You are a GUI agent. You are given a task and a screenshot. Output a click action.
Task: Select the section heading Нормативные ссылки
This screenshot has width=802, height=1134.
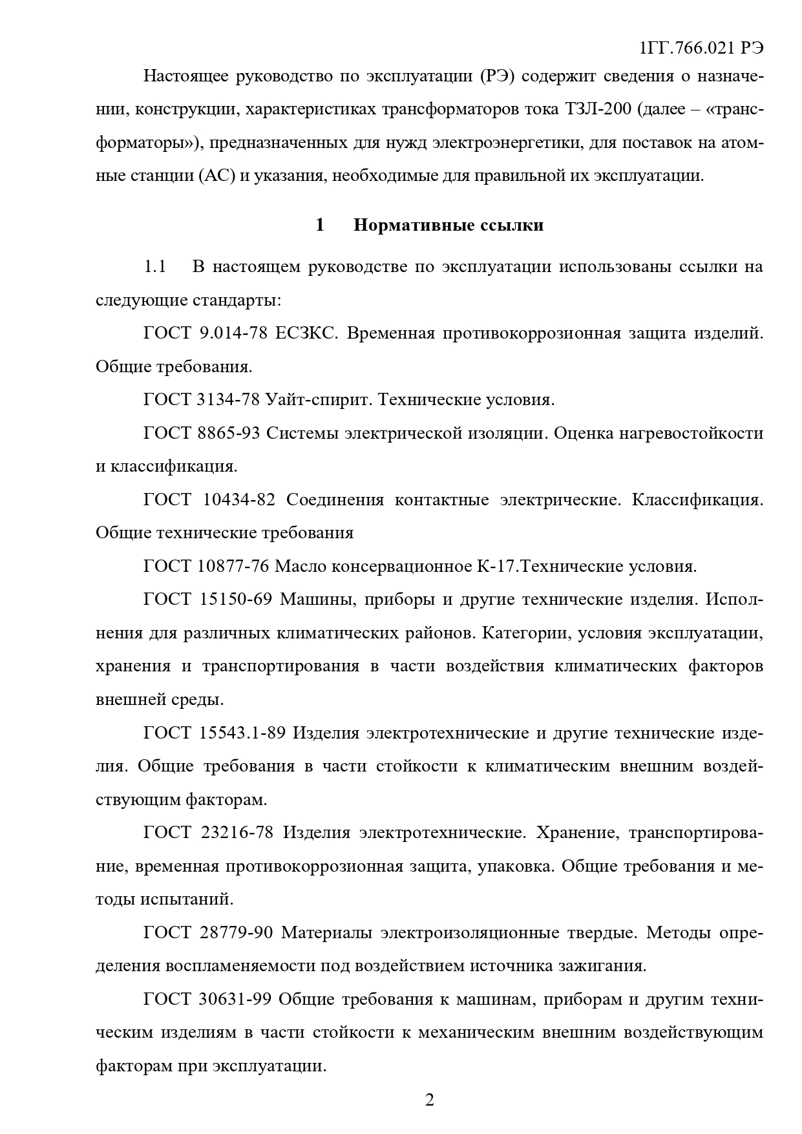(x=448, y=225)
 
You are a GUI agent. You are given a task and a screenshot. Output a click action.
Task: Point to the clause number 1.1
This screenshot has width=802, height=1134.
(x=155, y=267)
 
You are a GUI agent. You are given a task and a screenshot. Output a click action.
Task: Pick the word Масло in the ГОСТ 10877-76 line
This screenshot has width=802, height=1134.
(x=301, y=566)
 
